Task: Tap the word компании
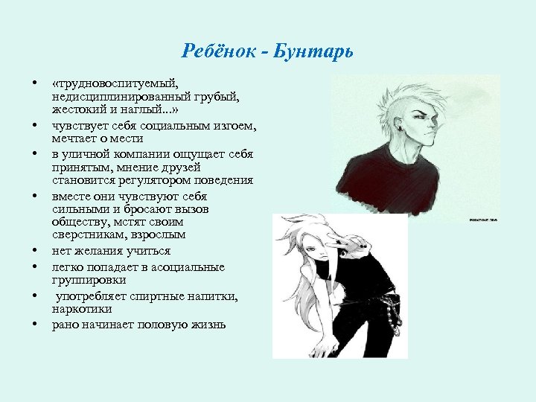coord(153,153)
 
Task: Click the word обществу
coord(82,222)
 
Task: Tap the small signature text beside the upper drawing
coord(485,220)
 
